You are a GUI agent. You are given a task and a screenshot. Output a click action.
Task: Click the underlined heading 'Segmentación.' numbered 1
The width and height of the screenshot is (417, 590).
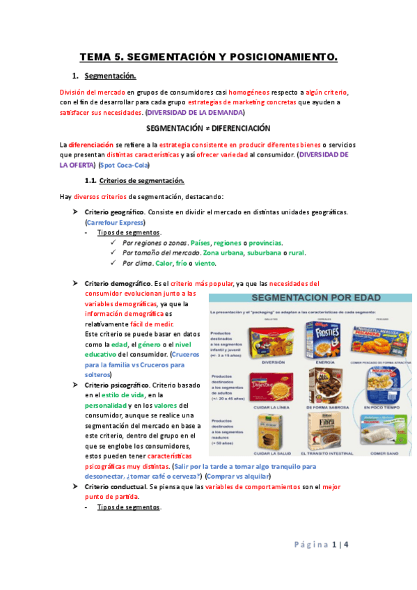coord(110,76)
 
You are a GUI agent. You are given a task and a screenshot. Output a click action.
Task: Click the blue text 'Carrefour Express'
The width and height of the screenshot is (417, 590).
coord(115,222)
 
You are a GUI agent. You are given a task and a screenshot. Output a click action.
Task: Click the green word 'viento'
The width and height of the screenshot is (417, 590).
coord(205,264)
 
